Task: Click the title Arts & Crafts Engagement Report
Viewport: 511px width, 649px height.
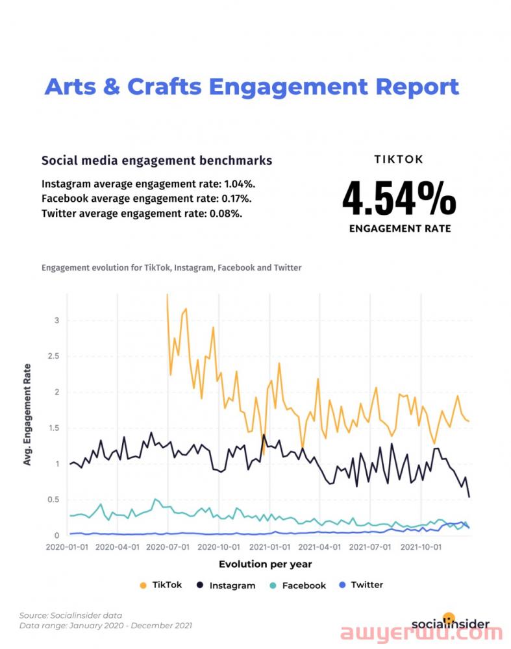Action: tap(251, 86)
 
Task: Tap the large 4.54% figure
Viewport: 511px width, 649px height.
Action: tap(399, 199)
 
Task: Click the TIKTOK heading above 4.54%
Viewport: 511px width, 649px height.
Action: tap(399, 160)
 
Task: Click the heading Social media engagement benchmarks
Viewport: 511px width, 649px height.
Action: tap(156, 160)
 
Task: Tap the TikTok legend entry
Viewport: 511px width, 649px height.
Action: tap(161, 585)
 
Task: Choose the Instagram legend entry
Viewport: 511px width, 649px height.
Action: tap(225, 585)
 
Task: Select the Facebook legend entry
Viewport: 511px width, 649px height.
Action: tap(297, 585)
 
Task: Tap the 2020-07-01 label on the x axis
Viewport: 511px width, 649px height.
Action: tap(169, 547)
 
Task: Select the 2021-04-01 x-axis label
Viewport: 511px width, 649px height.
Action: tap(318, 547)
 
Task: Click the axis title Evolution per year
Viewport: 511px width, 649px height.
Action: tap(265, 564)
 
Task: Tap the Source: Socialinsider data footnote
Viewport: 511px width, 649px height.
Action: tap(71, 615)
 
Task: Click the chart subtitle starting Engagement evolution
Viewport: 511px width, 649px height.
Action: tap(171, 267)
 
